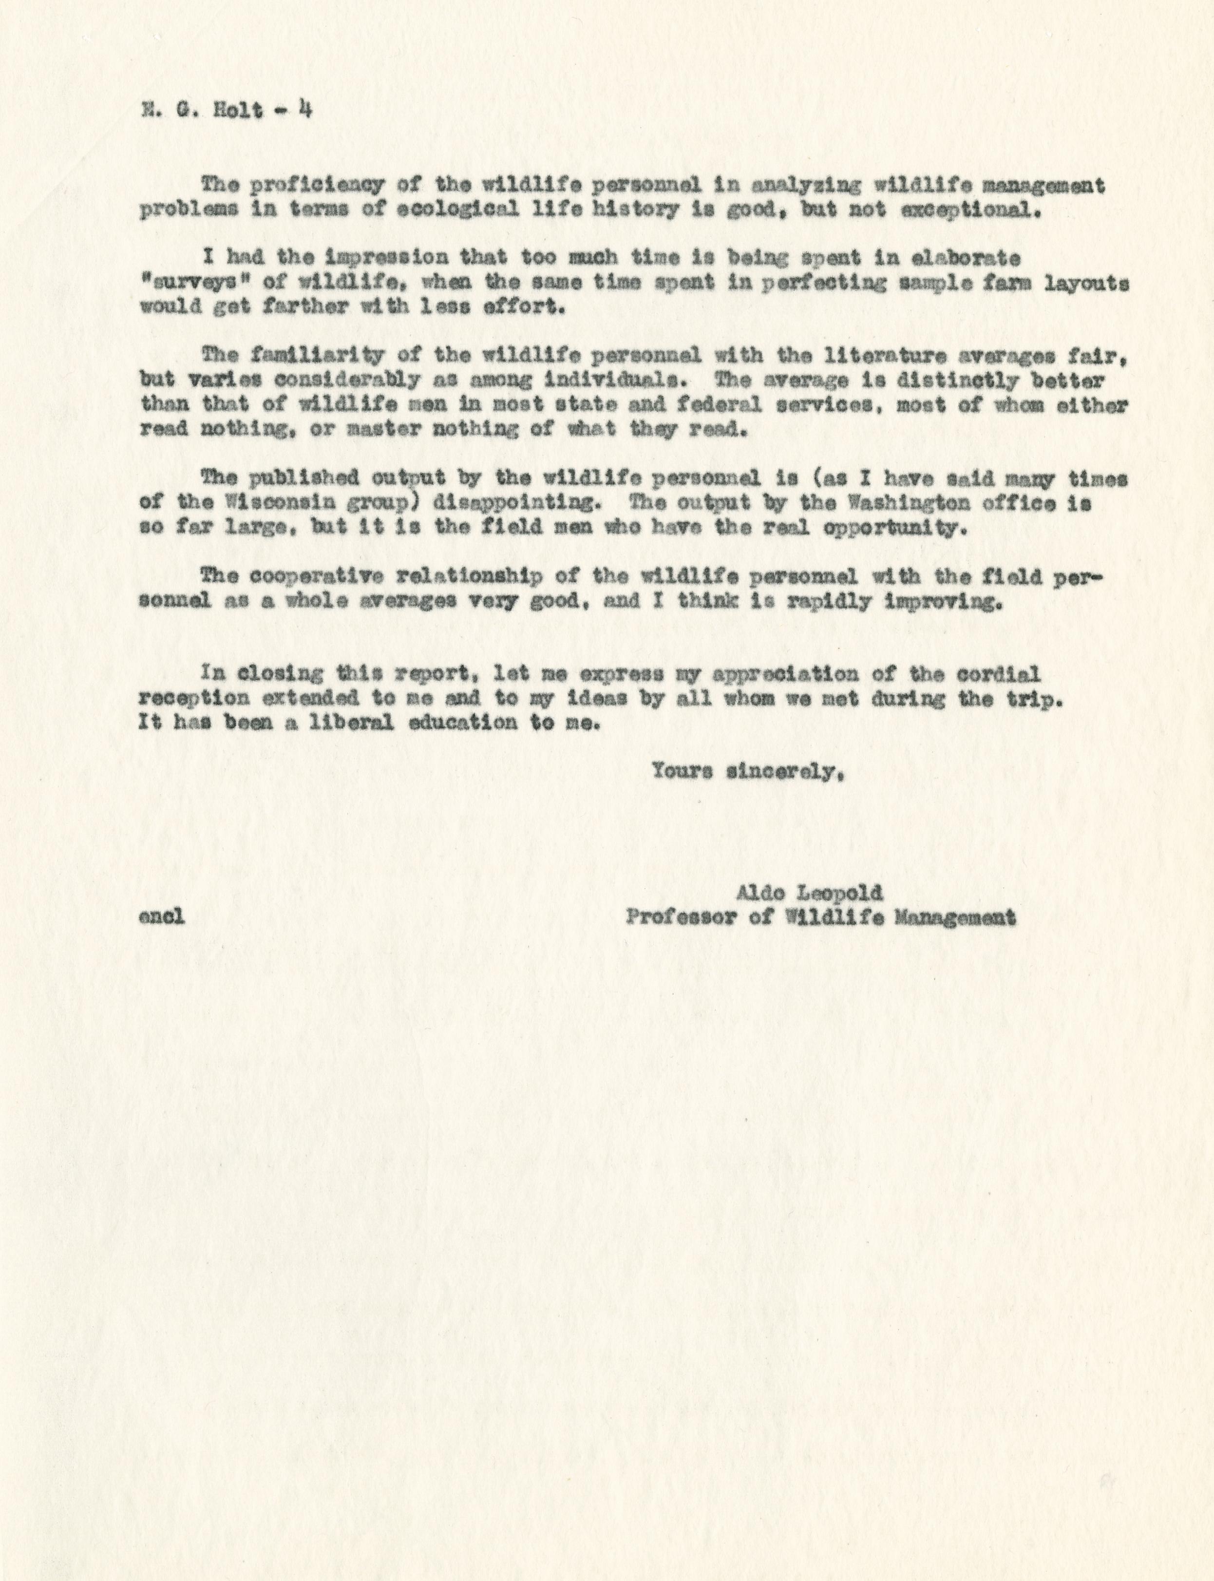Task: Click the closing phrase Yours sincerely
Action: [x=746, y=772]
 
